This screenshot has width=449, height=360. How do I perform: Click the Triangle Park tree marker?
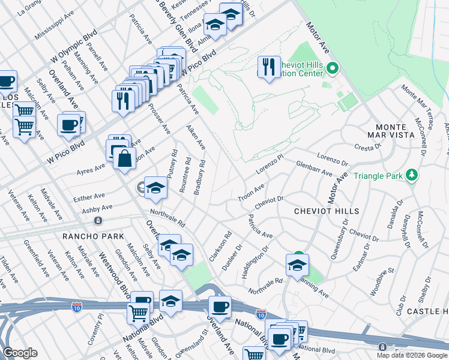pyautogui.click(x=412, y=176)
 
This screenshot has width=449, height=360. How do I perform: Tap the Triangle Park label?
pyautogui.click(x=379, y=176)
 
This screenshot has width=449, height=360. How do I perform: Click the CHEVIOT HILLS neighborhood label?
pyautogui.click(x=327, y=211)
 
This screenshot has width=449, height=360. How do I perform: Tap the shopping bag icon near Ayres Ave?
pyautogui.click(x=124, y=159)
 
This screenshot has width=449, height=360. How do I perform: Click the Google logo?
pyautogui.click(x=20, y=353)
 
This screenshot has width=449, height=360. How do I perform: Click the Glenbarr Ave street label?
pyautogui.click(x=314, y=169)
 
